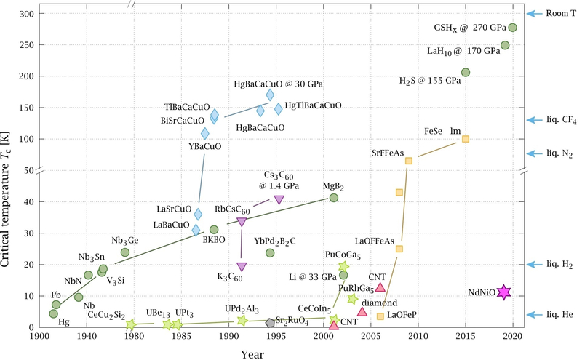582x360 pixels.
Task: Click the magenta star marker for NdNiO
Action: click(503, 292)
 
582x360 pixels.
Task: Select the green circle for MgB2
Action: click(334, 198)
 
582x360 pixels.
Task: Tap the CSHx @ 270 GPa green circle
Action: click(512, 28)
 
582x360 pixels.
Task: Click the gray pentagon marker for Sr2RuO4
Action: click(271, 322)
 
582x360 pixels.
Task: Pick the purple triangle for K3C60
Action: click(242, 267)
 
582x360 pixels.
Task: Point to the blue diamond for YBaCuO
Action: click(205, 133)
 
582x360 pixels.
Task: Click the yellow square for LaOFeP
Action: click(380, 316)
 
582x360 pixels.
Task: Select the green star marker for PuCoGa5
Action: click(343, 267)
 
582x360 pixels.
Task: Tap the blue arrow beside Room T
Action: click(535, 13)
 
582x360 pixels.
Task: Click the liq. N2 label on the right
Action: click(560, 154)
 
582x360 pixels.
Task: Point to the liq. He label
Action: click(561, 314)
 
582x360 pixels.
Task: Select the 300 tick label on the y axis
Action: click(26, 14)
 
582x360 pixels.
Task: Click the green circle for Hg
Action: click(53, 313)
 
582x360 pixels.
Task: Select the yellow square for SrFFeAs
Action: click(409, 161)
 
